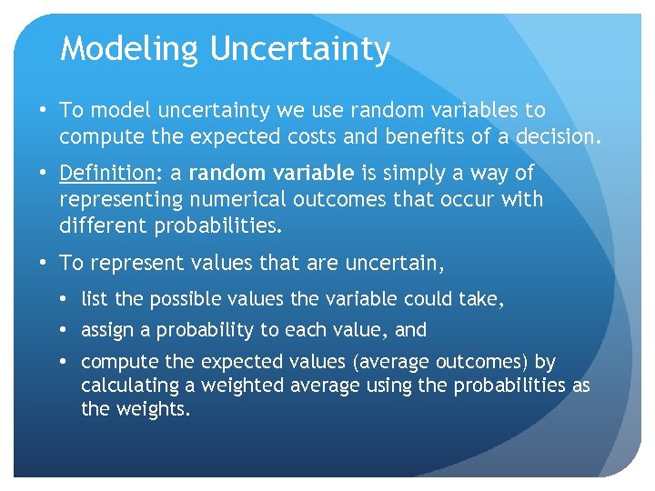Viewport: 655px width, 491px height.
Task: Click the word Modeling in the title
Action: [x=129, y=48]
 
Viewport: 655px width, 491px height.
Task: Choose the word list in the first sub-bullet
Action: [x=94, y=298]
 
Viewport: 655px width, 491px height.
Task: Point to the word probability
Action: [x=208, y=330]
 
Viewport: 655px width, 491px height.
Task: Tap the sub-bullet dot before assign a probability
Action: [x=65, y=330]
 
